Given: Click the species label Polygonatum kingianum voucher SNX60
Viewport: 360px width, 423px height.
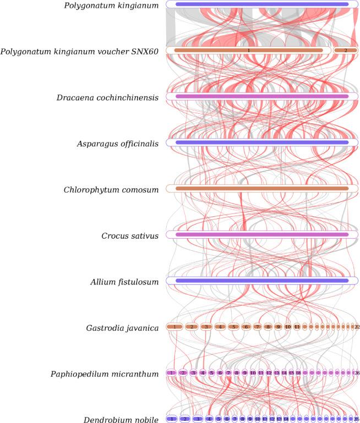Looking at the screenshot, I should point(79,51).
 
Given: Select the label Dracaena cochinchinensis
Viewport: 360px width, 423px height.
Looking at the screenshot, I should point(107,97).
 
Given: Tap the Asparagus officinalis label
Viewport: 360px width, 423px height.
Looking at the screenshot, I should point(117,144).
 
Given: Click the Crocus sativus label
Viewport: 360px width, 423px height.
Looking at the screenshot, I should point(130,236).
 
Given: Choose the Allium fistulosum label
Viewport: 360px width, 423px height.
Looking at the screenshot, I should point(124,282).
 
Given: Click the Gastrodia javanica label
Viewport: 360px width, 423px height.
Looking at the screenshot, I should point(122,328).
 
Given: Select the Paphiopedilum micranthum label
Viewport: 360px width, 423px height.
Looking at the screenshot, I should point(107,374).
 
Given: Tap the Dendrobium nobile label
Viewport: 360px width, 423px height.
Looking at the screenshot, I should point(121,420).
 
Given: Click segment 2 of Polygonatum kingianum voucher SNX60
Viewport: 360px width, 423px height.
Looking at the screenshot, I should point(346,50).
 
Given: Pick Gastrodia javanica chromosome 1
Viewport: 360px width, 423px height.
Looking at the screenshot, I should point(174,327).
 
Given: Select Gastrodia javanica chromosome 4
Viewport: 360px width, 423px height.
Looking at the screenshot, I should point(220,327).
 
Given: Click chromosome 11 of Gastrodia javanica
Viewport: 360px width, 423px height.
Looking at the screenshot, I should point(297,327).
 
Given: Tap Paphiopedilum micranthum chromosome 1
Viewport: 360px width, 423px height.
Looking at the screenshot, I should point(172,373).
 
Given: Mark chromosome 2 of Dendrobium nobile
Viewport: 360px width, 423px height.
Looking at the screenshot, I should point(186,419).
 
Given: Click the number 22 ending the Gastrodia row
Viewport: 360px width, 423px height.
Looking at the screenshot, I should point(357,327).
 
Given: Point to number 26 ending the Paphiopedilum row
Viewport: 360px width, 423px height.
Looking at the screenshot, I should point(357,373).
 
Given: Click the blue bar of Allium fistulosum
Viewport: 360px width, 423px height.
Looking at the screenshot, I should point(261,281).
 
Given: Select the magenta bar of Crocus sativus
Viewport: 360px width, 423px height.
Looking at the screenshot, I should point(261,234).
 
